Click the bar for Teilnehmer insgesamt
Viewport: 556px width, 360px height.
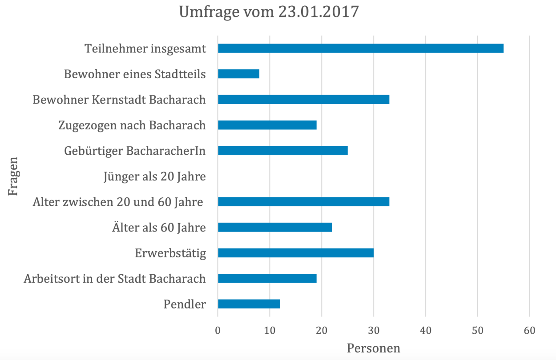[x=360, y=48]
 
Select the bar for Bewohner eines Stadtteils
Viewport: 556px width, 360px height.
[x=238, y=74]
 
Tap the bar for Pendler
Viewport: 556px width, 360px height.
[x=249, y=304]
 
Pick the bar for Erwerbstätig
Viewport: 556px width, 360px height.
[x=295, y=253]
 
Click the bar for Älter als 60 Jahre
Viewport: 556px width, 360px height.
[x=275, y=228]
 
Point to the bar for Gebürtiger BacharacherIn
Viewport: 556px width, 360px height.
[x=282, y=151]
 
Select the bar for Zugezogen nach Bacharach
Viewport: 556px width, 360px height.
[x=267, y=125]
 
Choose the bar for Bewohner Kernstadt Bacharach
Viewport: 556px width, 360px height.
[x=303, y=100]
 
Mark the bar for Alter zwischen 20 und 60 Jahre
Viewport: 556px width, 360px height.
[x=303, y=202]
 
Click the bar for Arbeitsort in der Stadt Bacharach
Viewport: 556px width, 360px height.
[x=267, y=279]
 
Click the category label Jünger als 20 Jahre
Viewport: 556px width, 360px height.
[x=154, y=177]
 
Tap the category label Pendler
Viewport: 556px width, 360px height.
[x=185, y=304]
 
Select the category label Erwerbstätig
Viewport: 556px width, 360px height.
[x=170, y=253]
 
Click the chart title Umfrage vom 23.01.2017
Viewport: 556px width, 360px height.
[x=269, y=12]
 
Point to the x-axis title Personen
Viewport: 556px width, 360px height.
[x=373, y=348]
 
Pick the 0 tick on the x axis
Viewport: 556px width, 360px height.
[x=218, y=331]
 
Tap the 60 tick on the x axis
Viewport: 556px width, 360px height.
[x=529, y=331]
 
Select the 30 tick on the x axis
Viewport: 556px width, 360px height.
[x=374, y=331]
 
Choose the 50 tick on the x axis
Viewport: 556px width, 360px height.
[x=477, y=331]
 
